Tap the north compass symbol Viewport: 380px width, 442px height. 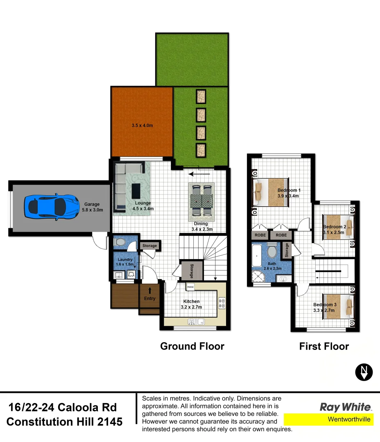pos(364,372)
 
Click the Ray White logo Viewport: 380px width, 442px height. pos(345,407)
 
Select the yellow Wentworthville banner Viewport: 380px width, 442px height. pos(328,419)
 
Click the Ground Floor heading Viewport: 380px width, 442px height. pos(192,346)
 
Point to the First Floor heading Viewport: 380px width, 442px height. pos(324,346)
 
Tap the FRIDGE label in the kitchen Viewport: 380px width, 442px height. pos(190,287)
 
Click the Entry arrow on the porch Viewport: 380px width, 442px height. pos(150,291)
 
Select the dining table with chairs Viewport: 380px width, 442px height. pos(201,200)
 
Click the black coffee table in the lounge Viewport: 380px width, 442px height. pos(136,191)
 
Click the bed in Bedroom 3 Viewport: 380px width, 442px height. pos(338,304)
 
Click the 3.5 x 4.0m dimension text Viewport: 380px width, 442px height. pos(142,126)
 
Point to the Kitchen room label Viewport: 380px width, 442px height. pos(191,302)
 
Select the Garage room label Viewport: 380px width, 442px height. pos(92,204)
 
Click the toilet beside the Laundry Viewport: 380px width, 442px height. pos(120,242)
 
